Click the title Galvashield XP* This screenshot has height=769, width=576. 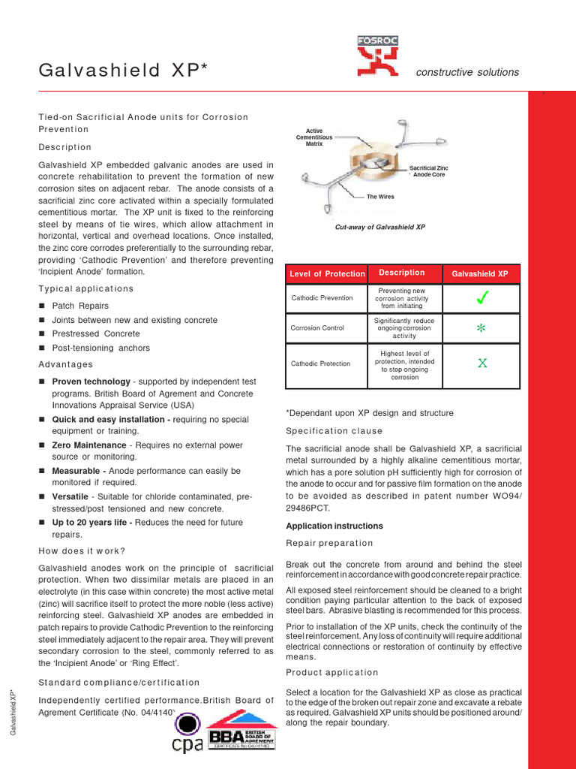122,71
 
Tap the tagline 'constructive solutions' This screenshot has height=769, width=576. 467,72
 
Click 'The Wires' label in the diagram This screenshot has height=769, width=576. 380,197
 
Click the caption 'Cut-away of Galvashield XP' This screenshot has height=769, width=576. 379,227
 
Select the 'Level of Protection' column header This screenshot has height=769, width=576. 327,274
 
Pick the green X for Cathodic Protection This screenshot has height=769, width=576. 482,363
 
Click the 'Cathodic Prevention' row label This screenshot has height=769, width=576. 322,298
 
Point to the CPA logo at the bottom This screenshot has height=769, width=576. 187,732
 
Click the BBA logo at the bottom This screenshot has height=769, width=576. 241,730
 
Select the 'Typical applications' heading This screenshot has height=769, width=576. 85,289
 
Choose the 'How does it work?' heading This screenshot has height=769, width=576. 82,550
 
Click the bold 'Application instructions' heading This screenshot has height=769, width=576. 334,526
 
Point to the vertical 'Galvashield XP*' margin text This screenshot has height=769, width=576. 13,713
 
